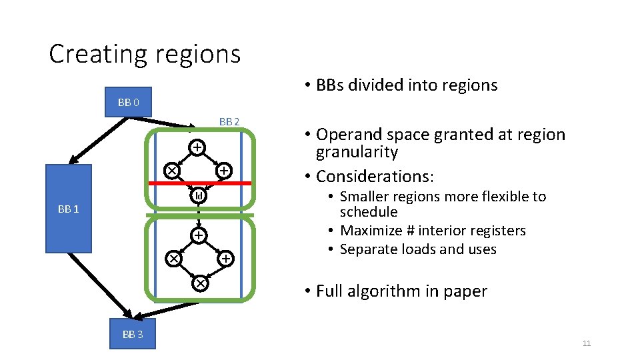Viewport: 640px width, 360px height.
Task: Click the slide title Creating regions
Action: tap(145, 54)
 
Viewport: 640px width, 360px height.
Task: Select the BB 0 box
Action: tap(128, 102)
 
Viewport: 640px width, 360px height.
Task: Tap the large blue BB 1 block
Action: tap(68, 209)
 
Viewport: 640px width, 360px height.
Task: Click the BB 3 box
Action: tap(132, 334)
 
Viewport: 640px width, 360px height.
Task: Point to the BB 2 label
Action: tap(229, 121)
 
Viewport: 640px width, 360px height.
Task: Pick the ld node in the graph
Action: tap(199, 196)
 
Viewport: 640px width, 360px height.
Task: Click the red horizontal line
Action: tap(200, 183)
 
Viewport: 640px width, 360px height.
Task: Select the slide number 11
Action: tap(586, 343)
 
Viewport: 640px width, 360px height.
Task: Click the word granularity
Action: tap(357, 152)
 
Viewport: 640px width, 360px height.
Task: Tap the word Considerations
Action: tap(374, 177)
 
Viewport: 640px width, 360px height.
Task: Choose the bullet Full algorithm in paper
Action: tap(401, 291)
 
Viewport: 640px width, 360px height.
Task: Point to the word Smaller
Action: tap(366, 197)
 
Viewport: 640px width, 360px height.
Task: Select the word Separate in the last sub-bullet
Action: tap(365, 249)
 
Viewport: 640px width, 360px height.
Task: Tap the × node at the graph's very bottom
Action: tap(199, 283)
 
